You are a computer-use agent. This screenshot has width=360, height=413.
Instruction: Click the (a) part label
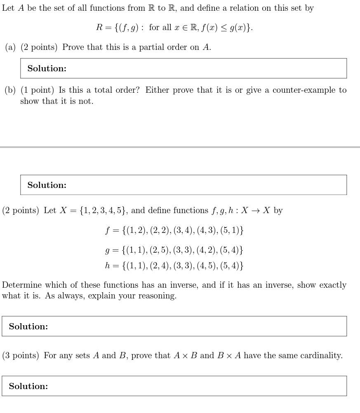click(10, 47)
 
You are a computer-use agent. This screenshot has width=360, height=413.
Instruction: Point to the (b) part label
click(10, 90)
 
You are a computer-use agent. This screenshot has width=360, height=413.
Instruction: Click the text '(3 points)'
click(20, 356)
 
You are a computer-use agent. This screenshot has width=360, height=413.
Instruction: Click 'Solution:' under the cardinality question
click(28, 386)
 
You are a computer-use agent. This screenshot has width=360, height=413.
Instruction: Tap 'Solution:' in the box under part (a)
click(47, 68)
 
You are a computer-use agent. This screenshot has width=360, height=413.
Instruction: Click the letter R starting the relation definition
click(99, 28)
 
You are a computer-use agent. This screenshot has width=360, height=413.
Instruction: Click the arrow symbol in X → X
click(256, 211)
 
